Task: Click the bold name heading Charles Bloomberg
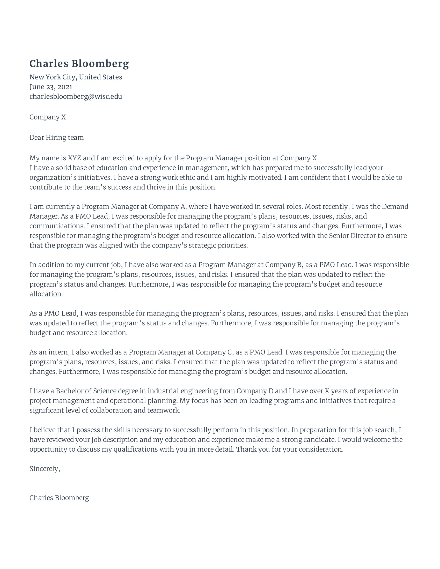[x=79, y=64]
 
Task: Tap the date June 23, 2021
[x=51, y=87]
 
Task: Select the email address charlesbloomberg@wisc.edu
[x=76, y=96]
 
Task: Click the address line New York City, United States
[x=76, y=77]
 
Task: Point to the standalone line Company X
[x=47, y=117]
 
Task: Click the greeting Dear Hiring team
[x=57, y=138]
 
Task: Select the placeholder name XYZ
[x=74, y=158]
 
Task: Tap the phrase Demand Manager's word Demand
[x=395, y=207]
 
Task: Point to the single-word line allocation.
[x=46, y=294]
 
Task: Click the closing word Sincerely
[x=44, y=469]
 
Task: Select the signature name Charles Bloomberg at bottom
[x=59, y=498]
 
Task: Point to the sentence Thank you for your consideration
[x=290, y=450]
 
